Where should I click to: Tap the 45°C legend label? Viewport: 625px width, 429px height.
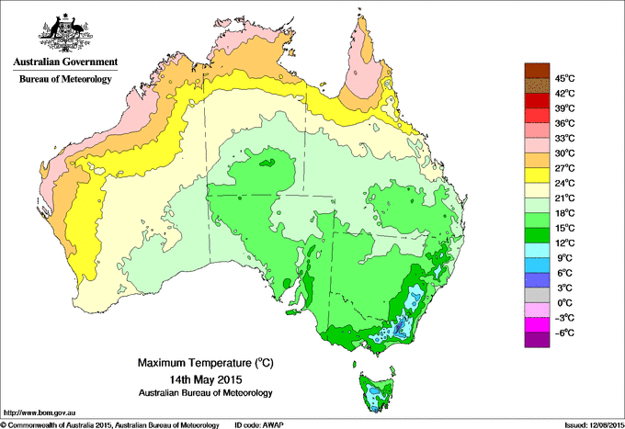[x=565, y=78]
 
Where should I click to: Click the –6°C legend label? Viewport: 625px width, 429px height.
[x=564, y=333]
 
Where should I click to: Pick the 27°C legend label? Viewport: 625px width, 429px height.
[x=565, y=168]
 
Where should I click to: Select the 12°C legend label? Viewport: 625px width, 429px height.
[x=565, y=243]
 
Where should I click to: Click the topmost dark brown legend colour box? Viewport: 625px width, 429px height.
[x=536, y=71]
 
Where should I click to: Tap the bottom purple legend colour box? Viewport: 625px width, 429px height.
[x=536, y=340]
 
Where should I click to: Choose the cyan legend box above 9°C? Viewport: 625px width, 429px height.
[x=536, y=250]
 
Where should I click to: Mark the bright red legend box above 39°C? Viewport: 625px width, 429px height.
[x=536, y=100]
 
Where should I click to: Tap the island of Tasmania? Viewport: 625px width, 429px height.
[x=378, y=391]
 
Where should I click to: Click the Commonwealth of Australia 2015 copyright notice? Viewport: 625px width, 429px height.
[x=110, y=423]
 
